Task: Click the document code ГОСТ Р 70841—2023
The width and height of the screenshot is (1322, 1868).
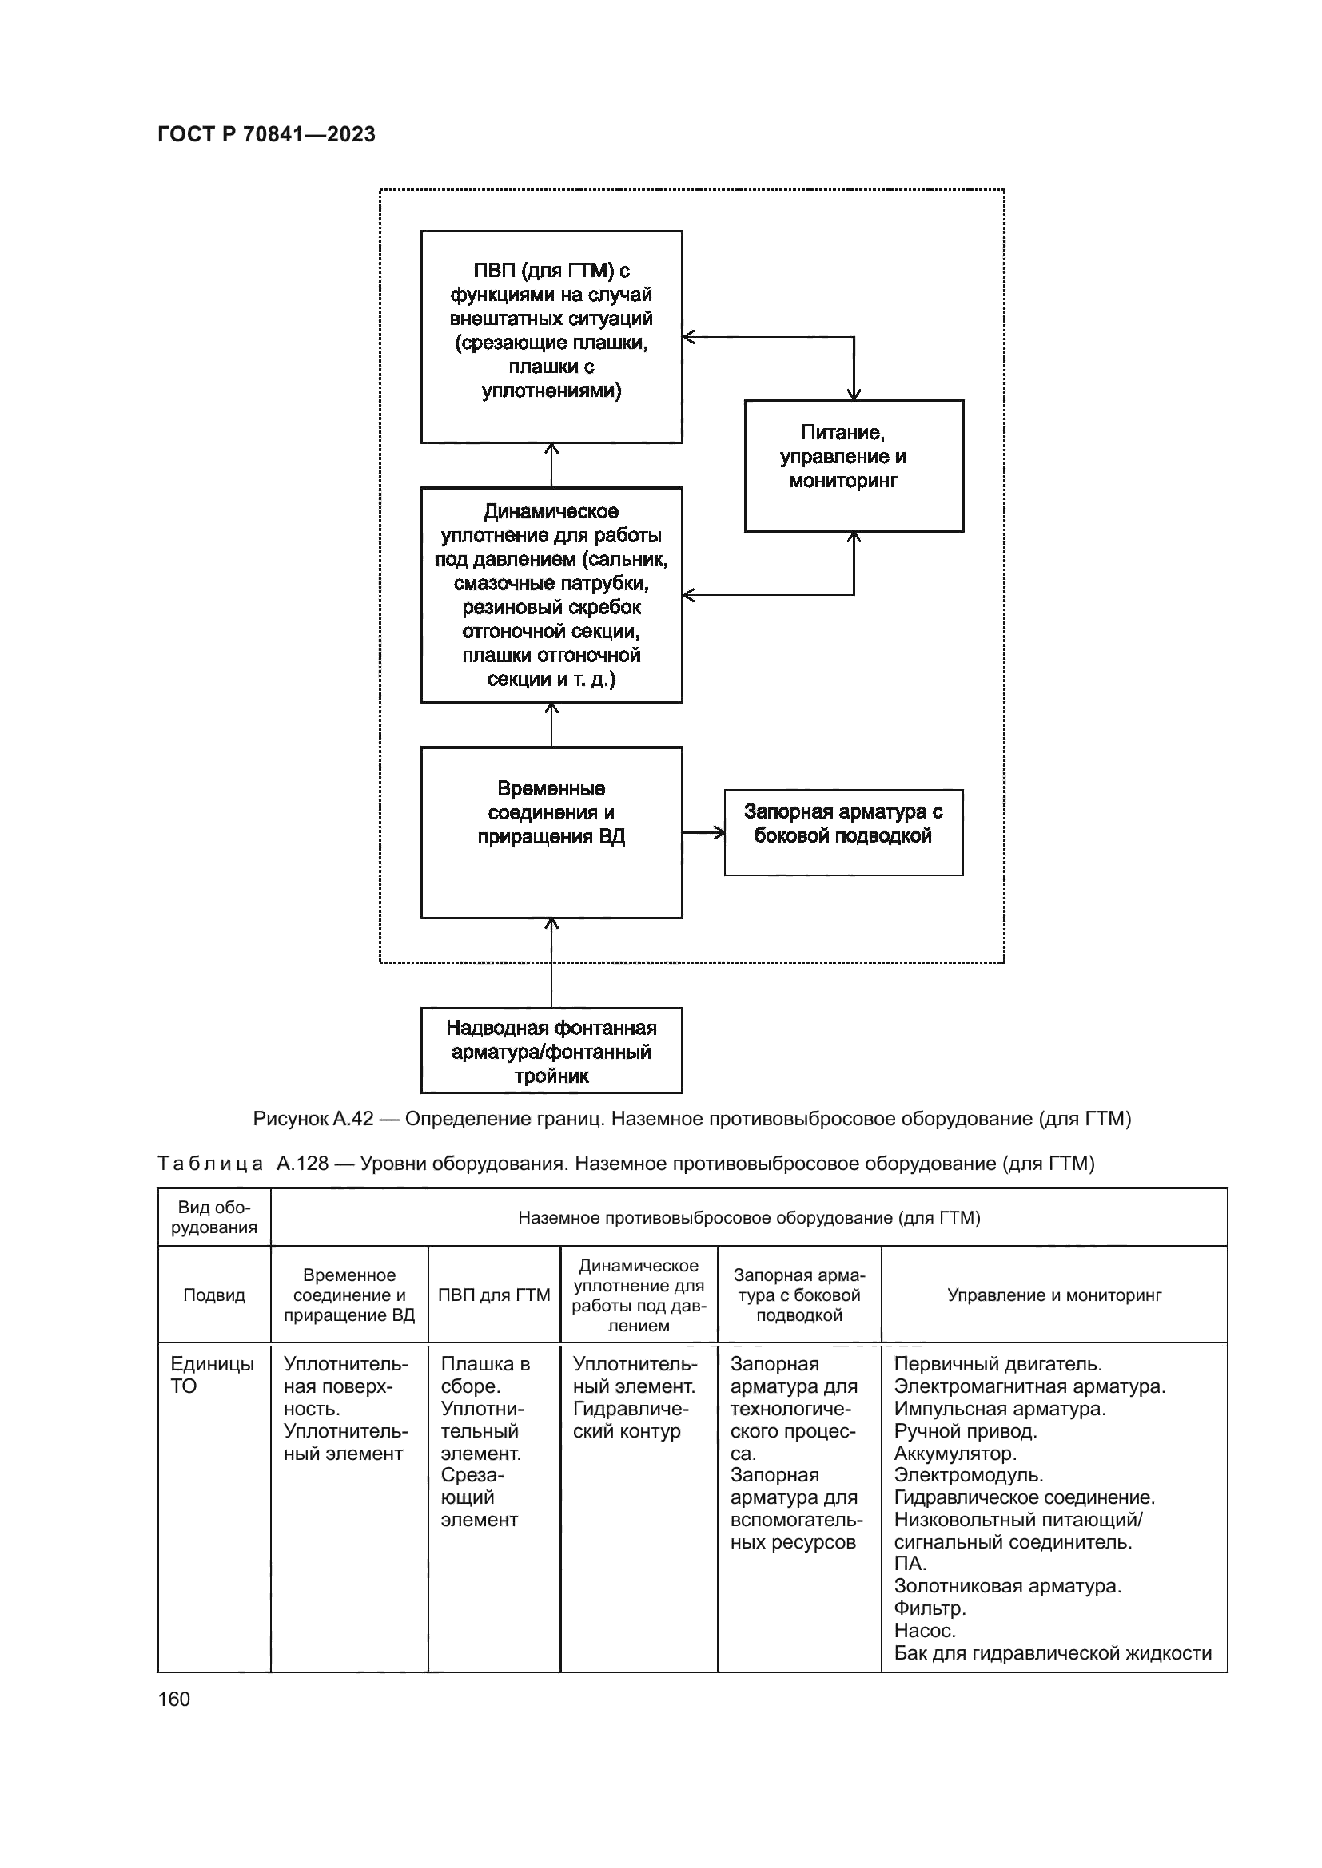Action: pos(266,134)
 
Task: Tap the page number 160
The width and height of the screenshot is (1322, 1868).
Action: pos(173,1699)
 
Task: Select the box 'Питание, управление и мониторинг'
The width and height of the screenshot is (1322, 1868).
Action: pos(854,466)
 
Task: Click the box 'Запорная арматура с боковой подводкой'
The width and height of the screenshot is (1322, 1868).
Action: pos(843,831)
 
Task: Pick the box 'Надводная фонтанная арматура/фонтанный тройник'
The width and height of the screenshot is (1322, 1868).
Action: pos(551,1050)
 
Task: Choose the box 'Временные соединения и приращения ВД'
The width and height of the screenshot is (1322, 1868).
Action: pos(551,831)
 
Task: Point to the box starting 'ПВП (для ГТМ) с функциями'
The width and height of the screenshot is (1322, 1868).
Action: pos(551,336)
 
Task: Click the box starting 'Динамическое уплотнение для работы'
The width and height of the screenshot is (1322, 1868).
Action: pos(551,594)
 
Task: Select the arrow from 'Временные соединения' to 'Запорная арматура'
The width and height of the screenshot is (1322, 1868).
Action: pos(703,832)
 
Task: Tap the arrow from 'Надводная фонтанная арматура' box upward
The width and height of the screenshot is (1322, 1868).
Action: pos(551,963)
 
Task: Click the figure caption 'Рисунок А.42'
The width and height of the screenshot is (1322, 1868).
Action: pos(692,1119)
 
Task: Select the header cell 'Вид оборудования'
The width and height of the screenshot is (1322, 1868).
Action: pos(214,1217)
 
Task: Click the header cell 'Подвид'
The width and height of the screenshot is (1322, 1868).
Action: pos(214,1295)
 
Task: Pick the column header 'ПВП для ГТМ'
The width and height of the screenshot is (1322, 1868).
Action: pos(494,1295)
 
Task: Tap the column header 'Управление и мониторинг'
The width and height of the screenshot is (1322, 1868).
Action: pos(1054,1295)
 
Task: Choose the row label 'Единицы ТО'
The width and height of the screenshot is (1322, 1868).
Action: pos(212,1375)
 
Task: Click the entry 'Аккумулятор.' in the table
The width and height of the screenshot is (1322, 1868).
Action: pos(955,1453)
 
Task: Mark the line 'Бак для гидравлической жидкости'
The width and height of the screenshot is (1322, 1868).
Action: pos(1053,1653)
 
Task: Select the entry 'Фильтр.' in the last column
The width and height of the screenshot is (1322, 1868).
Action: pos(930,1608)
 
